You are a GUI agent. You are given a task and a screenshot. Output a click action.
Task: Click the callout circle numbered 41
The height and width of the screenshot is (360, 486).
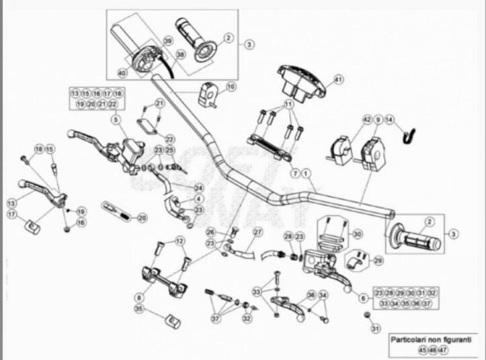pos(338,79)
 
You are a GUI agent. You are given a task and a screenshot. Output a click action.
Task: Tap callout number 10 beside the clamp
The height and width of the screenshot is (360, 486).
pos(231,87)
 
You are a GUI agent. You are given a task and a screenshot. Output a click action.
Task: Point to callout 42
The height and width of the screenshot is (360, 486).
pos(366,120)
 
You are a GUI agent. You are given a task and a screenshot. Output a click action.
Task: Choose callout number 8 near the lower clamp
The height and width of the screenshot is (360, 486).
pos(139,296)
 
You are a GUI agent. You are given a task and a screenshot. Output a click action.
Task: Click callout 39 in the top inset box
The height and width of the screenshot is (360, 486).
pos(167,42)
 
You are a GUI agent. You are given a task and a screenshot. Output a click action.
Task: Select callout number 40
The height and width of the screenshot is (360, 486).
pos(122,73)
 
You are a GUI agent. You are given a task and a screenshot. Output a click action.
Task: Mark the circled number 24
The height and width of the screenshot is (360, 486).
pos(198,187)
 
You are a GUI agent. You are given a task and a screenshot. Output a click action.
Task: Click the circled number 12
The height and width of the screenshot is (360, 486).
pos(179,240)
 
